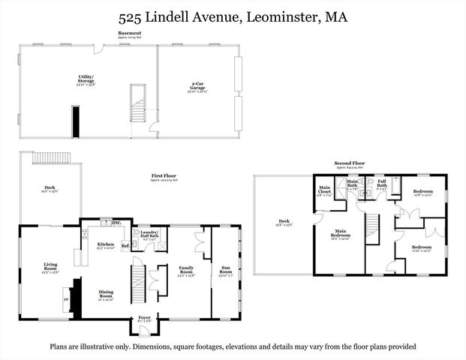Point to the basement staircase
tap(137, 103)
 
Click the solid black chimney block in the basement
tap(76, 122)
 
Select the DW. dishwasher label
tap(116, 223)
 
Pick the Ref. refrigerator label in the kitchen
tap(125, 245)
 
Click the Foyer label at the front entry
tap(144, 318)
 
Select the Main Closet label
tap(325, 189)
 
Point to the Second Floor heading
tap(350, 162)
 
